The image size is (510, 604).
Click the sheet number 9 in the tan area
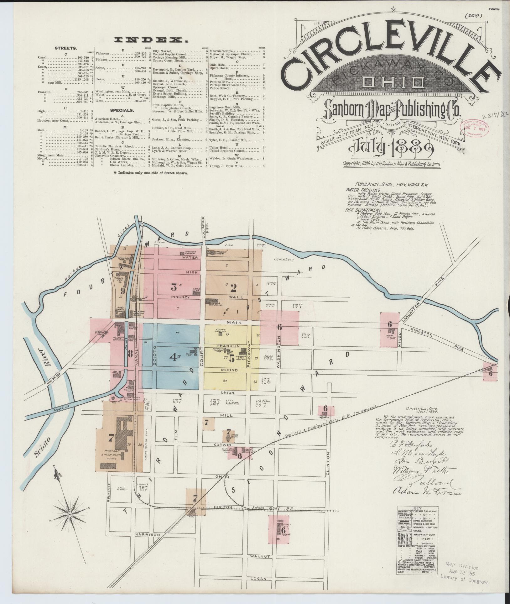[x=123, y=291]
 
